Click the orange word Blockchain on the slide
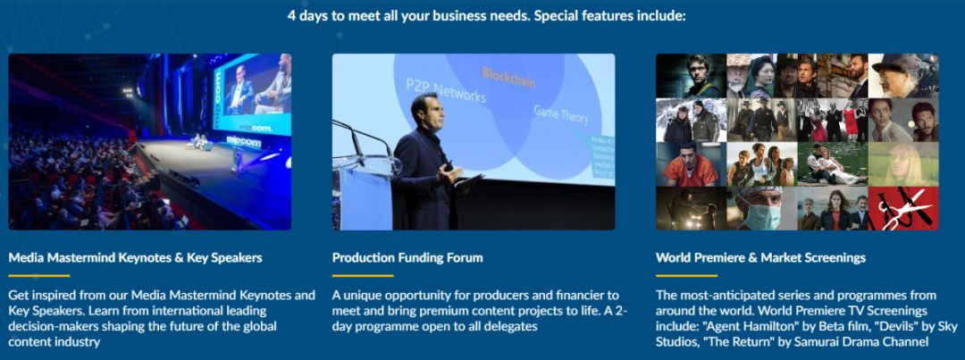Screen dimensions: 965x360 (x=508, y=78)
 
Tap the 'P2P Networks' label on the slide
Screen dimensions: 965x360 (x=445, y=90)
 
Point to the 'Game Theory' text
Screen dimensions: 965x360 (x=560, y=113)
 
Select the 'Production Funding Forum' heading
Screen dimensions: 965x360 (x=407, y=257)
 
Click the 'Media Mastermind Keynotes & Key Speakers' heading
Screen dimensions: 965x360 (x=136, y=257)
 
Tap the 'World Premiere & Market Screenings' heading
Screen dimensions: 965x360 (x=760, y=257)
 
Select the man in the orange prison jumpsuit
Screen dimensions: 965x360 (x=692, y=165)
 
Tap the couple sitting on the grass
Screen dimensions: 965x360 (x=832, y=165)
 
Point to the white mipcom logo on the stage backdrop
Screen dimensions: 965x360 (x=243, y=141)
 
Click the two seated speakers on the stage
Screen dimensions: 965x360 (x=200, y=141)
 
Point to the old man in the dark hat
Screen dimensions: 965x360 (x=903, y=75)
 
